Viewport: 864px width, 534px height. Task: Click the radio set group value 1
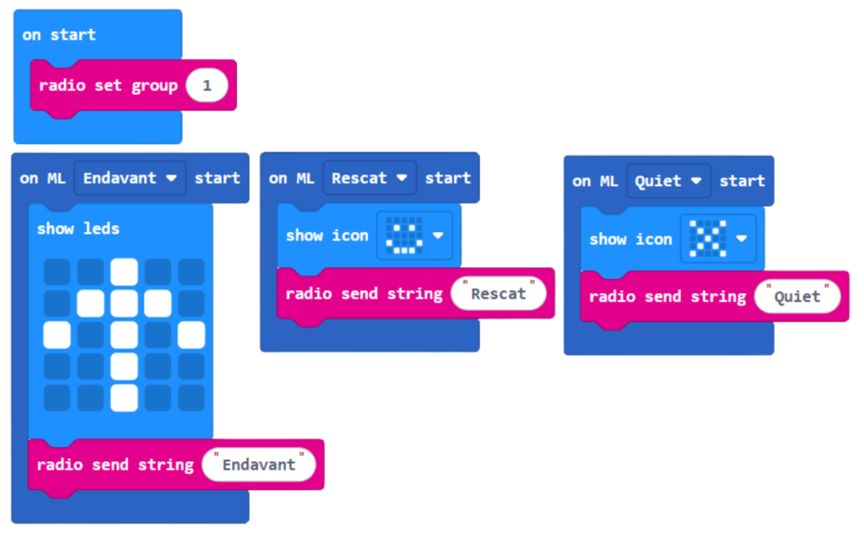[207, 85]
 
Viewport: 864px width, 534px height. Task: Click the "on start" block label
[59, 35]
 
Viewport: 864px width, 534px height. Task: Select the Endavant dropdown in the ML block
[130, 178]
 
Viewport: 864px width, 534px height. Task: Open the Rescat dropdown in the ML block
[370, 178]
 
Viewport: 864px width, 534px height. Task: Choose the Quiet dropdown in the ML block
[668, 181]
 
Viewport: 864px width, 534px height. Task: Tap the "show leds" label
[78, 229]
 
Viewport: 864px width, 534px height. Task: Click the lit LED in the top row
[124, 272]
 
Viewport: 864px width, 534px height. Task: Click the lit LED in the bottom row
[124, 397]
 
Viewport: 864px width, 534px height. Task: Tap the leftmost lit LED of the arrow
[57, 335]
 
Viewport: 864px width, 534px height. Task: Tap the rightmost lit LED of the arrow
[192, 335]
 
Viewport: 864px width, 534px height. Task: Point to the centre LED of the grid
[124, 335]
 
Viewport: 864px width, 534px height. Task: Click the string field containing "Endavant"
[259, 465]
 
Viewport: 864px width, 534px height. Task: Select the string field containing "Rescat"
[498, 294]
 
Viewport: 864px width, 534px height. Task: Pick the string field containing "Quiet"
[797, 296]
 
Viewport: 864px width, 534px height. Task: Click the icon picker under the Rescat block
[413, 235]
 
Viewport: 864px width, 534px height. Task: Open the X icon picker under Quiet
[717, 239]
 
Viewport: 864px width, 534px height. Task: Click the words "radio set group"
[108, 85]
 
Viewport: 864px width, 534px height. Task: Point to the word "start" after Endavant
[217, 178]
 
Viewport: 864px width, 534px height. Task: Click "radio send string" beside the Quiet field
[667, 296]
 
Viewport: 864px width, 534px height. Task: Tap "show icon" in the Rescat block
[327, 235]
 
